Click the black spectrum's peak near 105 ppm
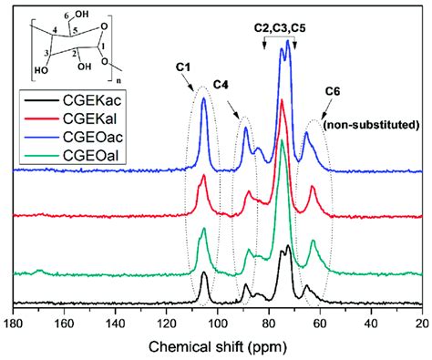(204, 273)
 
